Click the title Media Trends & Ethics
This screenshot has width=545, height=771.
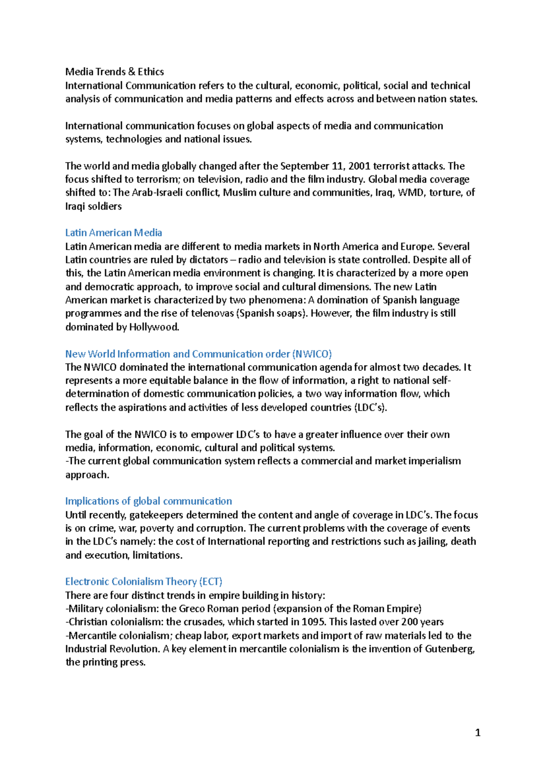click(114, 72)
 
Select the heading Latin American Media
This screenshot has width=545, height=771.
click(114, 233)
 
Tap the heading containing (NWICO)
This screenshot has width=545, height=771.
click(198, 354)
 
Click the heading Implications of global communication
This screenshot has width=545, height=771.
click(149, 501)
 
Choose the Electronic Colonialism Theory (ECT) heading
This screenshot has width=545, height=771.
click(144, 582)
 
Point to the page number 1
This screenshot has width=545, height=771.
click(477, 732)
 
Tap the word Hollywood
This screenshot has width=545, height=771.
click(154, 327)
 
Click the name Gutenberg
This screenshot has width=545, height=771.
click(450, 649)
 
